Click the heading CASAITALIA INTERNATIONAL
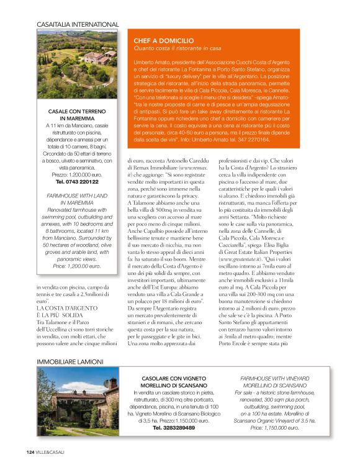(78, 24)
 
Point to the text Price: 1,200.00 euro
(77, 266)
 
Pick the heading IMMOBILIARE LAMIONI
(70, 361)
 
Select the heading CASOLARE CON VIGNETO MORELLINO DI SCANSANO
(169, 381)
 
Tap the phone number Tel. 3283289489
(170, 428)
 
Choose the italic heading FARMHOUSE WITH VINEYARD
(274, 377)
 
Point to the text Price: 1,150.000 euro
(274, 428)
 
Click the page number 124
(29, 451)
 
